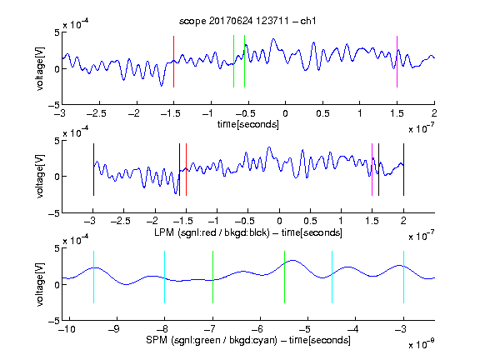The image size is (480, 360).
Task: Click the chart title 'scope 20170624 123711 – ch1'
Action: click(x=247, y=21)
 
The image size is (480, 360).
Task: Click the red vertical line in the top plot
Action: click(x=173, y=62)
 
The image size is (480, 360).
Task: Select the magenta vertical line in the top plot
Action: click(x=397, y=62)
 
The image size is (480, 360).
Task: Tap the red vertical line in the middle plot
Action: click(x=186, y=169)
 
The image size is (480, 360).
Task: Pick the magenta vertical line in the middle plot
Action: click(x=372, y=169)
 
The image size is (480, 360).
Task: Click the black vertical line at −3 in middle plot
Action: click(x=93, y=169)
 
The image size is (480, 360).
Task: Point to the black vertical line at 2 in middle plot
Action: click(x=403, y=169)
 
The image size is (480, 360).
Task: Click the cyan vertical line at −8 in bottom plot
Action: click(x=165, y=277)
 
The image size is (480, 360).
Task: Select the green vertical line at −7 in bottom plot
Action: click(x=212, y=277)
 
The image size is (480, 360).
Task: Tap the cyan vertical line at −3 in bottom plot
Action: click(x=403, y=277)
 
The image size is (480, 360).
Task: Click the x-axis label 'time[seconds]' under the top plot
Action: click(x=248, y=124)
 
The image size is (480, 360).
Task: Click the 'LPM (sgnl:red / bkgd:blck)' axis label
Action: click(x=212, y=232)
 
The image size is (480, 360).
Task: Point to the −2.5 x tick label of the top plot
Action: click(x=97, y=113)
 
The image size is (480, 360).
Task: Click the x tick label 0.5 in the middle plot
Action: click(x=310, y=221)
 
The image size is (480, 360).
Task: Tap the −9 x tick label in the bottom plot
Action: click(x=114, y=329)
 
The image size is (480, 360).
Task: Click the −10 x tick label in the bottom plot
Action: click(x=67, y=329)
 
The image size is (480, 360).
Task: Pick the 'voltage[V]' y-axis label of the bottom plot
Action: click(x=40, y=284)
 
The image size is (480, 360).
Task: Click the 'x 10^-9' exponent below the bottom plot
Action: click(x=421, y=345)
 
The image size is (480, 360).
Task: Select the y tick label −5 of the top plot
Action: click(x=54, y=105)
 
